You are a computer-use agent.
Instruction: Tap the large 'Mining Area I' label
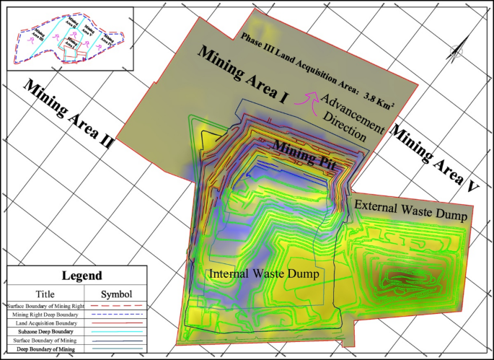(x=242, y=79)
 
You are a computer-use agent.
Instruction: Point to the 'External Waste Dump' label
(x=412, y=210)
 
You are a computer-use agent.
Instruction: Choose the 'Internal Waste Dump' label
(x=263, y=274)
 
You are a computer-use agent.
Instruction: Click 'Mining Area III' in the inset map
(x=38, y=34)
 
